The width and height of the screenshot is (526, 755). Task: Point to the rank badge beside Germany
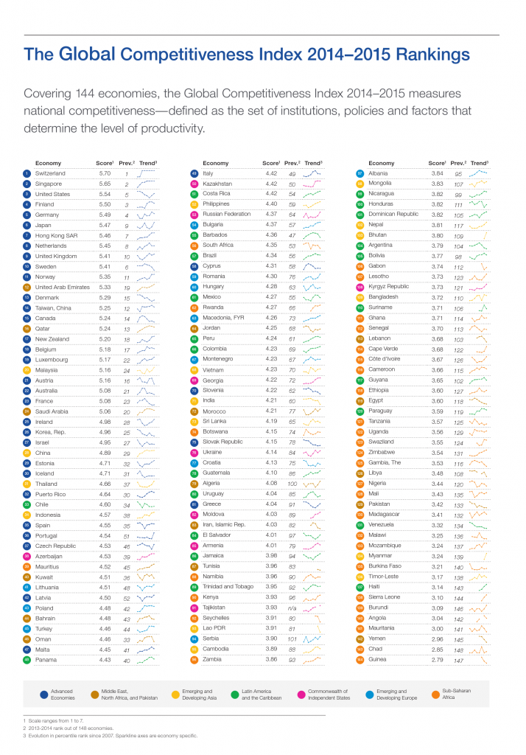26,215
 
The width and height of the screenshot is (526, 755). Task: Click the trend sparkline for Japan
147,225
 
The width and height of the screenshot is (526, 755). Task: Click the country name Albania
379,173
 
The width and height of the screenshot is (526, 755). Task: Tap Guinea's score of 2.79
438,659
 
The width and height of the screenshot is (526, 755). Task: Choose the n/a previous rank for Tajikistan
292,608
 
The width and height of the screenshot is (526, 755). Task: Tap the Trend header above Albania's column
479,163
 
